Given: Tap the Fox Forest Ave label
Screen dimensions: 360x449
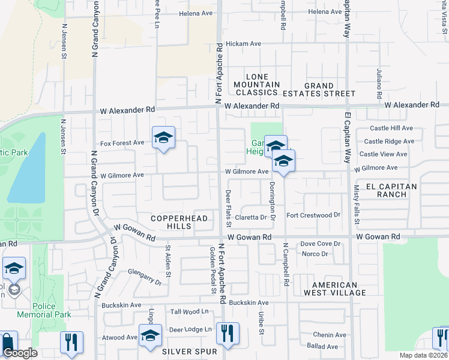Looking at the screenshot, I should click(x=122, y=143).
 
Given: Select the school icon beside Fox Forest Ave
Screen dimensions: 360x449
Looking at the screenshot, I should click(x=163, y=139).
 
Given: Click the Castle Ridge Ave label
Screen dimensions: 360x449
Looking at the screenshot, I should click(x=393, y=142).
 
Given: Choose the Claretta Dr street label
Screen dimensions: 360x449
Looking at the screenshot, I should click(x=250, y=218).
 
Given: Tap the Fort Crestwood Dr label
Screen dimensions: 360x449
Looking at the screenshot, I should click(x=313, y=215).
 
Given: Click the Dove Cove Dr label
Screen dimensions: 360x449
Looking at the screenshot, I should click(x=321, y=244).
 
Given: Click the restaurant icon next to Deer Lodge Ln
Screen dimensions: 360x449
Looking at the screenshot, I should click(x=228, y=334).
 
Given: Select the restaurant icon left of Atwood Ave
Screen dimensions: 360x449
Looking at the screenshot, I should click(x=71, y=342).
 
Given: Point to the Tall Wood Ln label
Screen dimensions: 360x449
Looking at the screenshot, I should click(x=189, y=311).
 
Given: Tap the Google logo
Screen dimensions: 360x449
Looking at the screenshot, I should click(x=20, y=353).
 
